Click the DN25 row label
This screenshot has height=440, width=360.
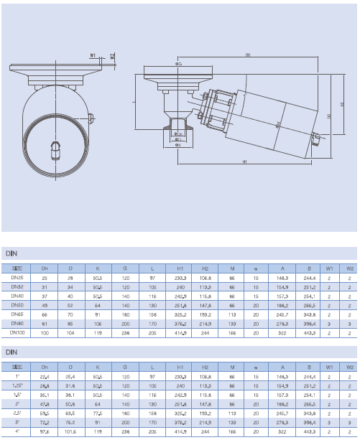tap(17, 276)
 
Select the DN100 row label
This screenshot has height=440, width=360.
tap(17, 332)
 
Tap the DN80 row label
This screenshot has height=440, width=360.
tap(17, 323)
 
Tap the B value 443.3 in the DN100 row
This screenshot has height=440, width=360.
tap(310, 332)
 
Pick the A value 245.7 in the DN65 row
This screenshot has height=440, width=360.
tap(282, 314)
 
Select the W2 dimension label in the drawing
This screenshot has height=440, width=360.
tap(113, 55)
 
